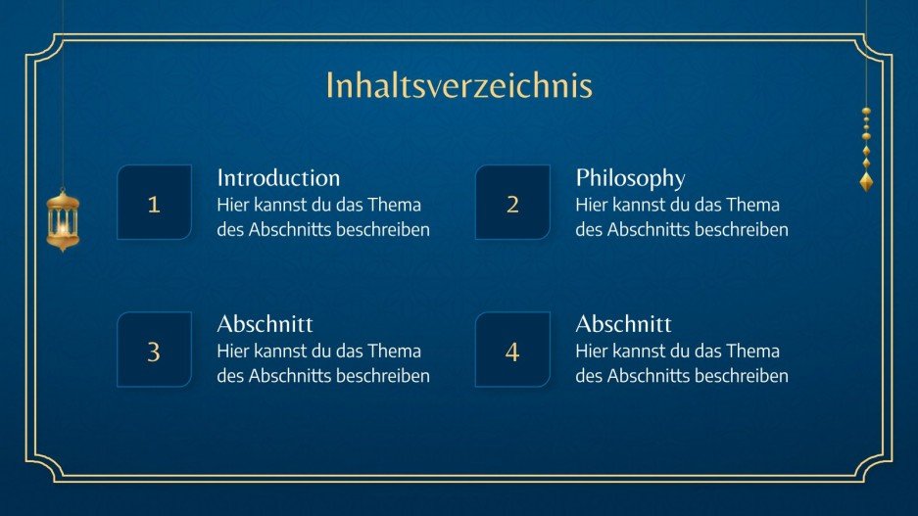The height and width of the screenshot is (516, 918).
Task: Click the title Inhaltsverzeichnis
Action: (459, 86)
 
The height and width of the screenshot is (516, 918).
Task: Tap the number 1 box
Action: (154, 204)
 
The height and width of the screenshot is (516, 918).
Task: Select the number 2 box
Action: (512, 204)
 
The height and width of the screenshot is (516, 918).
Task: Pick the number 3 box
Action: (154, 351)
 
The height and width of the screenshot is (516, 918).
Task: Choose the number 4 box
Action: (512, 351)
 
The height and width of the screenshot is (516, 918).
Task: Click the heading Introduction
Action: (278, 178)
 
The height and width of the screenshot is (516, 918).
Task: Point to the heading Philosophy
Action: (630, 178)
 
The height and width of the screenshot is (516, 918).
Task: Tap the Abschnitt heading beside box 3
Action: (265, 324)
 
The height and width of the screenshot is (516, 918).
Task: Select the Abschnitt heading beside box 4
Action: (623, 324)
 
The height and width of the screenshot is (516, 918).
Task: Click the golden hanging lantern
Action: (63, 219)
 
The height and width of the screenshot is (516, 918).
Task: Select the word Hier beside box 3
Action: (232, 351)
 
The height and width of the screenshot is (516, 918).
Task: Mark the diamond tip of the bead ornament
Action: (866, 181)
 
